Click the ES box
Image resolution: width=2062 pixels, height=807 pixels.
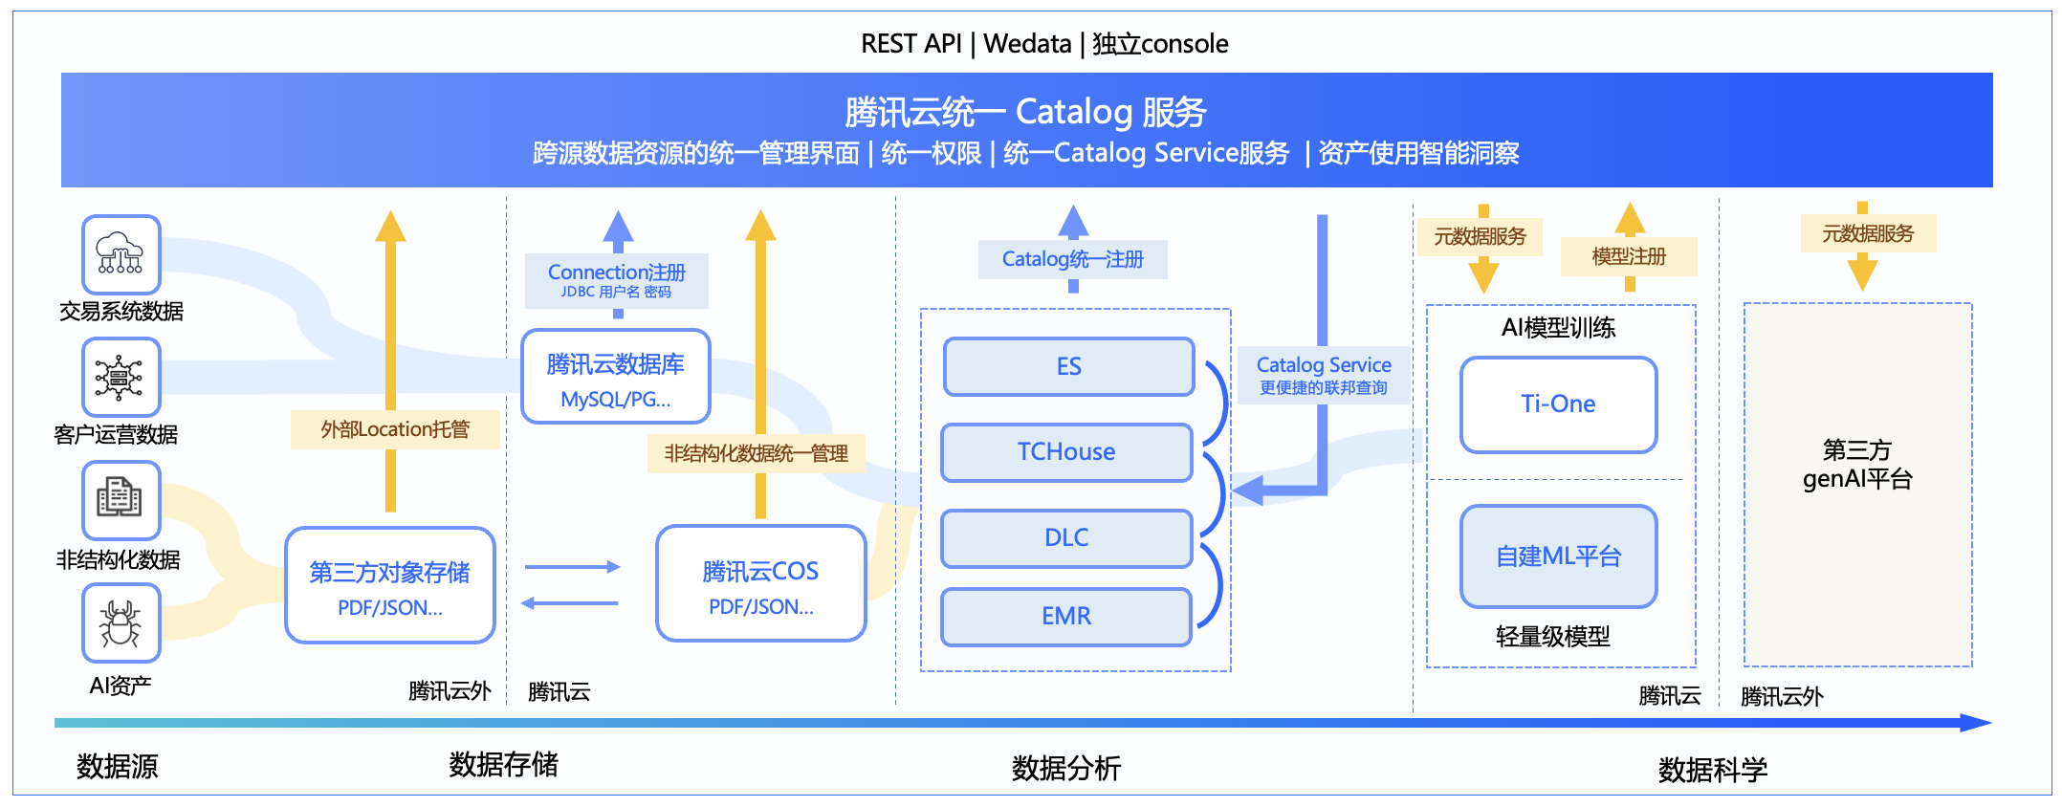pos(1068,366)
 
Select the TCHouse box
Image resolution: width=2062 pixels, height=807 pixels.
pos(1066,452)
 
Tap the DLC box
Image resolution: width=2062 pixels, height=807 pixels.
pos(1066,538)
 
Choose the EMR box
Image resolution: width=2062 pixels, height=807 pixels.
pos(1066,617)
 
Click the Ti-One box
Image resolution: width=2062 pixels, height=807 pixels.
pos(1558,404)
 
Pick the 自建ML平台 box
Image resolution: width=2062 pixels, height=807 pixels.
pos(1558,556)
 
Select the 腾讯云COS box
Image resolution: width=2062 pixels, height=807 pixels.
pos(760,583)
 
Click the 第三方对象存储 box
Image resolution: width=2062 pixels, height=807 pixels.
pos(389,585)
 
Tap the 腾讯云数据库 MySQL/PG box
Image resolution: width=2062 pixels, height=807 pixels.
pos(615,377)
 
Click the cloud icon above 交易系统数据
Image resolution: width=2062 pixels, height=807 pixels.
pos(121,254)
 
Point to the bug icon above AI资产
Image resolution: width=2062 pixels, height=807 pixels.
pos(121,623)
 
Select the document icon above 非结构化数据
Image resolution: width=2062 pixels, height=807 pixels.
pos(121,500)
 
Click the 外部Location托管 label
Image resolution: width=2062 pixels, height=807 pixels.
pos(395,429)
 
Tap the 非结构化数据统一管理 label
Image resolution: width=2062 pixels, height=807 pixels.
pos(756,453)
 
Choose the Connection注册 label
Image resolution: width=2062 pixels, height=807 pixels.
pos(617,280)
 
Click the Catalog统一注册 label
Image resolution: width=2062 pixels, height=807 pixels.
pos(1073,259)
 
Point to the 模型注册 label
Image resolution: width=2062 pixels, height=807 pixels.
pos(1629,256)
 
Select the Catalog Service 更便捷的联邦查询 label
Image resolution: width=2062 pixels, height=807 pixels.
pos(1324,375)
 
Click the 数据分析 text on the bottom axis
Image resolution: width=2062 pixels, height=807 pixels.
pos(1066,768)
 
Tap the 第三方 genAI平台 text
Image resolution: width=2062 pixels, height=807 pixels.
pos(1857,464)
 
